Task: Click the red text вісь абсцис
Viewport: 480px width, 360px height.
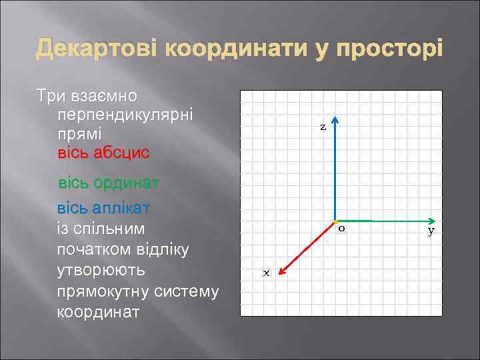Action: coord(104,153)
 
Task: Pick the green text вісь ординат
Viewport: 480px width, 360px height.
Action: coord(108,183)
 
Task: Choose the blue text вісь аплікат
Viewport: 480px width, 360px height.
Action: coord(103,207)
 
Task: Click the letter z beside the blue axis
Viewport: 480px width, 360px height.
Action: coord(323,127)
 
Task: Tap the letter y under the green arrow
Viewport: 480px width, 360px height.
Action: coord(431,231)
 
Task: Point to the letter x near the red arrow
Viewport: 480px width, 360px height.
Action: coord(265,273)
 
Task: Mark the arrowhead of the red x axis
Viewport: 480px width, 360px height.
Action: coord(281,270)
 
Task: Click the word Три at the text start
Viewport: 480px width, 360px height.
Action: coord(51,95)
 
